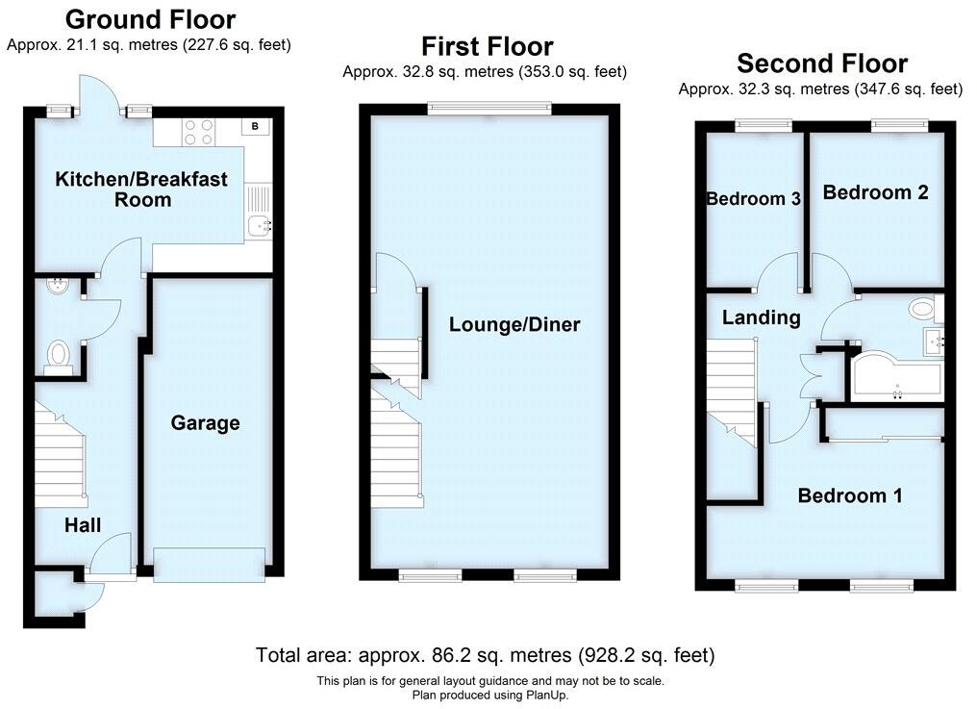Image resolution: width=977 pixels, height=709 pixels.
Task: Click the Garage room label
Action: (205, 423)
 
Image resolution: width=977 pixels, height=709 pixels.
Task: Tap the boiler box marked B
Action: (255, 126)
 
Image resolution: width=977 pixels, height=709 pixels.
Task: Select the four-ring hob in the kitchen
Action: (197, 131)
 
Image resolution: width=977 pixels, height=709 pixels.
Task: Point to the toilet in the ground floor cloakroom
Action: (59, 355)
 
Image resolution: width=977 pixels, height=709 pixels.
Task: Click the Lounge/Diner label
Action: (514, 324)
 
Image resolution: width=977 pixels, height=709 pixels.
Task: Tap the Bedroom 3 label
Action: (753, 199)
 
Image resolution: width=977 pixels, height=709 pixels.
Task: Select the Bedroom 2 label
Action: (875, 192)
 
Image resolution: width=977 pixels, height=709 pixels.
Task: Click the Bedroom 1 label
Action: (849, 495)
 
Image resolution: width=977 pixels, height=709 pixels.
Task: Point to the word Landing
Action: (761, 317)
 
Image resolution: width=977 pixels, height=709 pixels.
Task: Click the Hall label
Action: (83, 524)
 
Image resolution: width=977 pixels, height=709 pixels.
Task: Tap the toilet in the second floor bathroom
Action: (922, 309)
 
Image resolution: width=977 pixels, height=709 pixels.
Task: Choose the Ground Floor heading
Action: (149, 19)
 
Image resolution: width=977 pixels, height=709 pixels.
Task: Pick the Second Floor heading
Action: (821, 63)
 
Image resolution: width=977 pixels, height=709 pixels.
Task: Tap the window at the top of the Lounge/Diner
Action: (489, 110)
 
